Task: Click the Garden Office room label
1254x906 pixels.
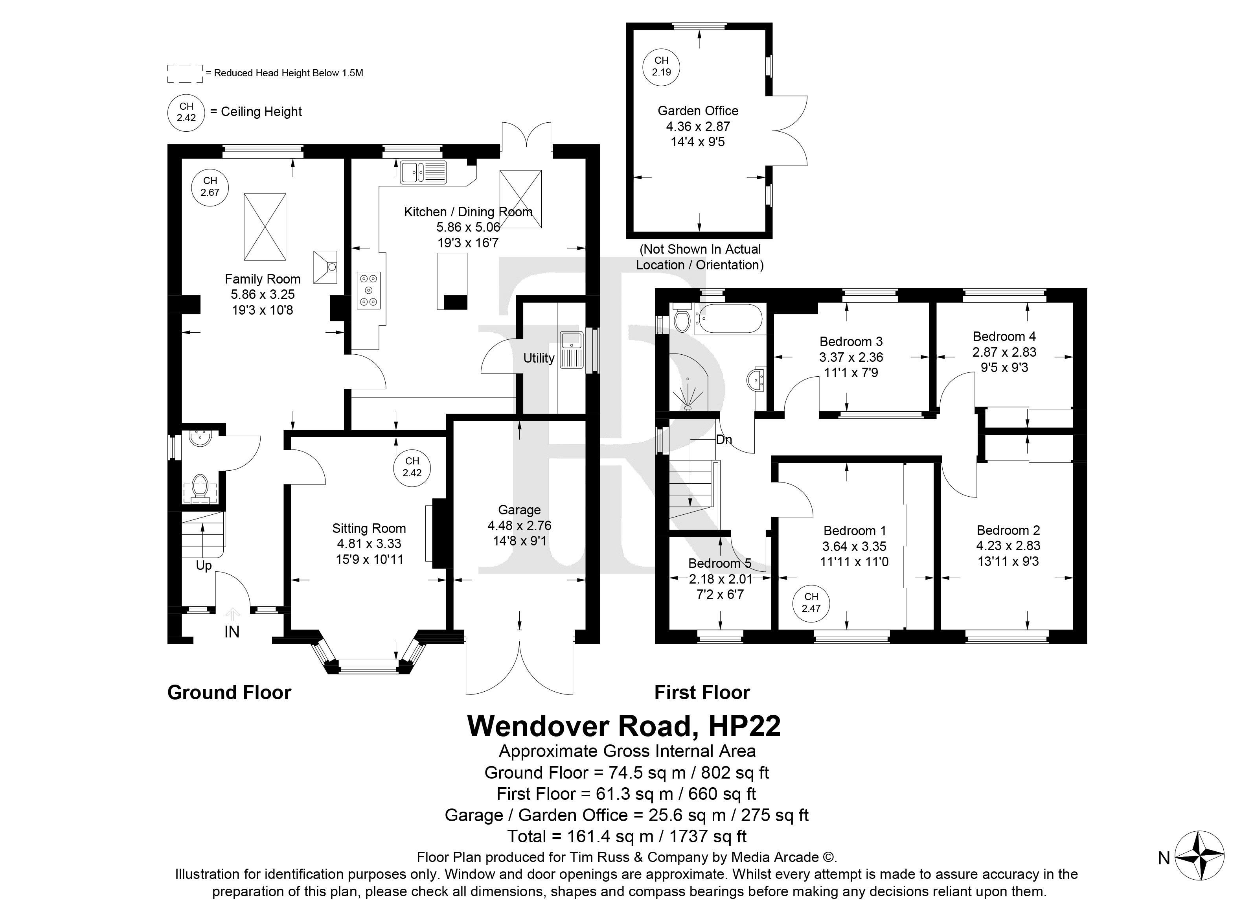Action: (x=698, y=110)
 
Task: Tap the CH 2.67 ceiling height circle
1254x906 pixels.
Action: (x=210, y=187)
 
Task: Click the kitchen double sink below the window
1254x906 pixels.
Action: (x=423, y=171)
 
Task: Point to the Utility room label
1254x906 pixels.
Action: (x=539, y=358)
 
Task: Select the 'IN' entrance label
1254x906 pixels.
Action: (x=232, y=632)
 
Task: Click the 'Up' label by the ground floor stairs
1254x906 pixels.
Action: (x=204, y=566)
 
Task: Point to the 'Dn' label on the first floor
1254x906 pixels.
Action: (x=724, y=440)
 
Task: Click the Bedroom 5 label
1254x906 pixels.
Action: (x=719, y=563)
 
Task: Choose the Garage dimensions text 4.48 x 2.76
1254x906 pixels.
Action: (x=519, y=525)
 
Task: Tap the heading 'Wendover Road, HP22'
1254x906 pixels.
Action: (x=624, y=726)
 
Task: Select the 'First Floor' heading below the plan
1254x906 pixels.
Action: (x=702, y=692)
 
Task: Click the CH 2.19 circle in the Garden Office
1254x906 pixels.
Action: (x=661, y=66)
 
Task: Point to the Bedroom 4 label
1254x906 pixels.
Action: (x=1004, y=336)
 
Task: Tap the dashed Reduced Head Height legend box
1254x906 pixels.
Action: (x=185, y=74)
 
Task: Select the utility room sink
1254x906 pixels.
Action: (x=572, y=350)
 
